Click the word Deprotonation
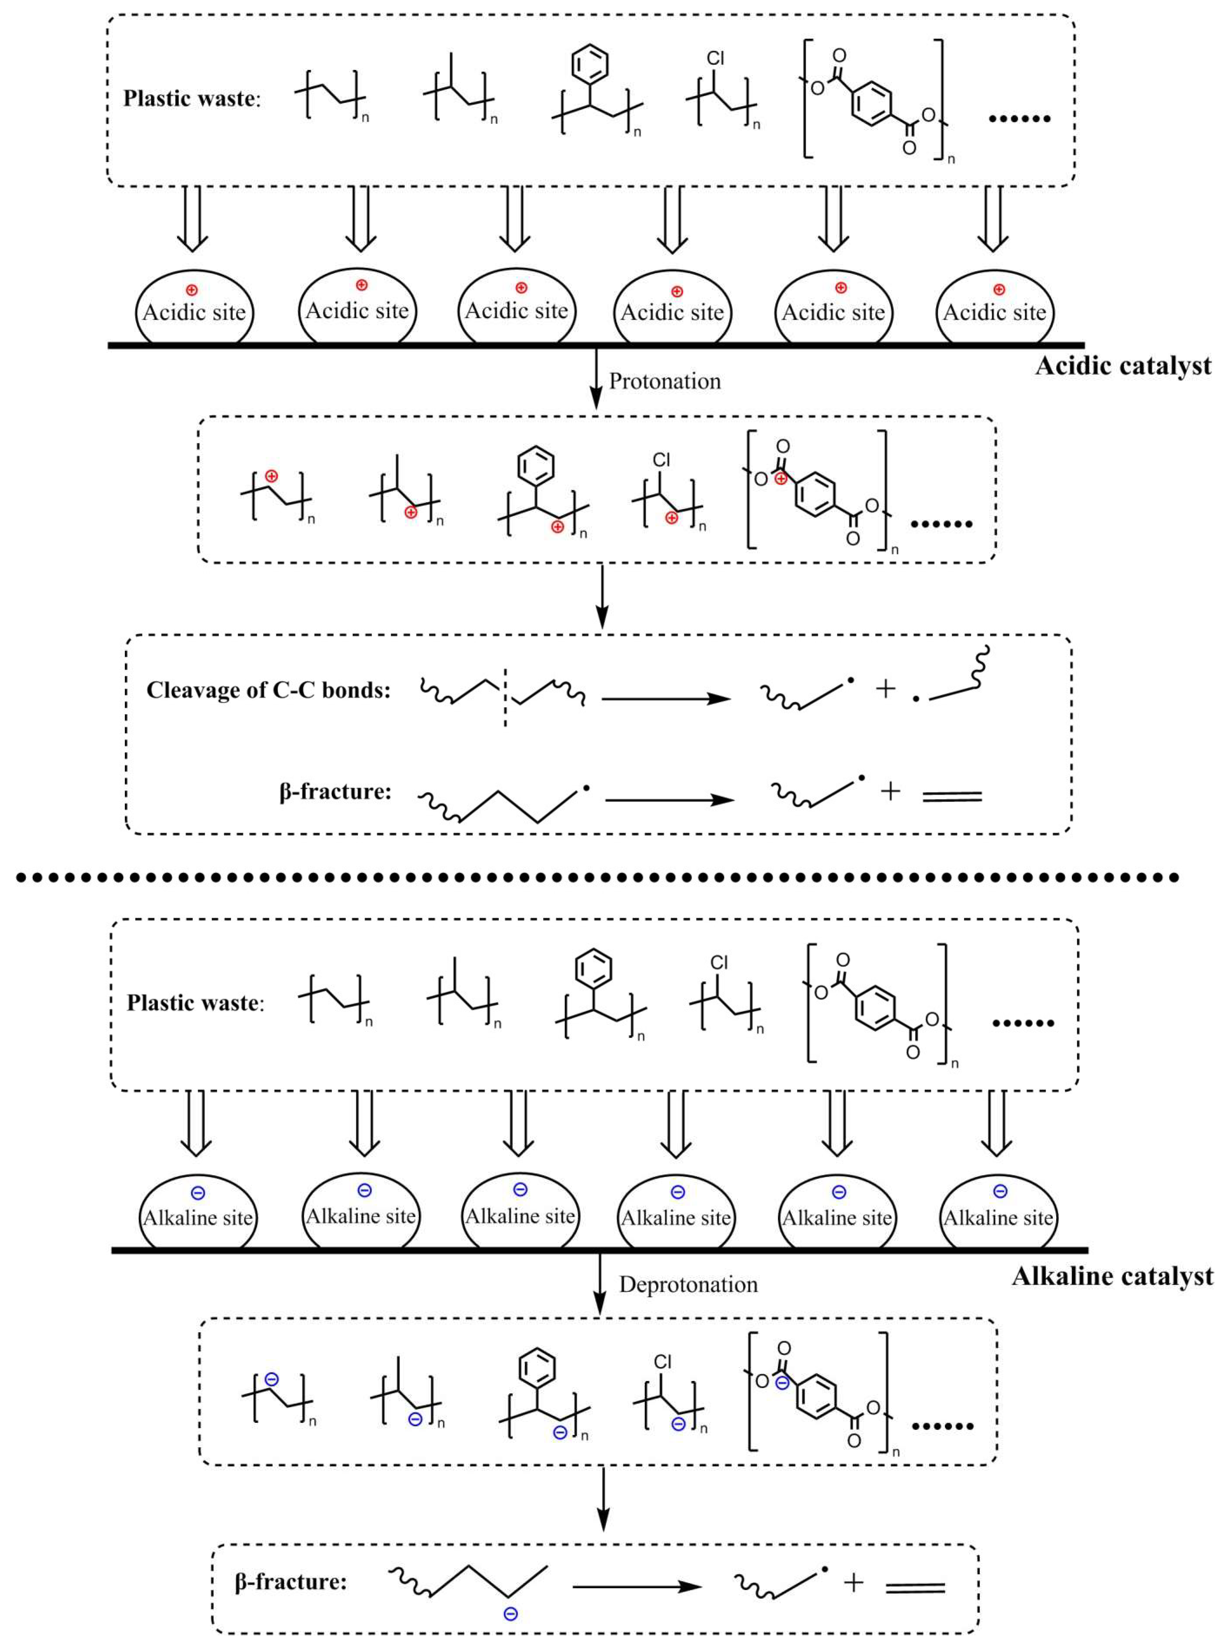(688, 1285)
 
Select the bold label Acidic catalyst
(1123, 366)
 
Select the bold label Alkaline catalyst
(1112, 1276)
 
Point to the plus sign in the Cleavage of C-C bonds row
(885, 689)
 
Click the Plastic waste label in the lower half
(194, 1003)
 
